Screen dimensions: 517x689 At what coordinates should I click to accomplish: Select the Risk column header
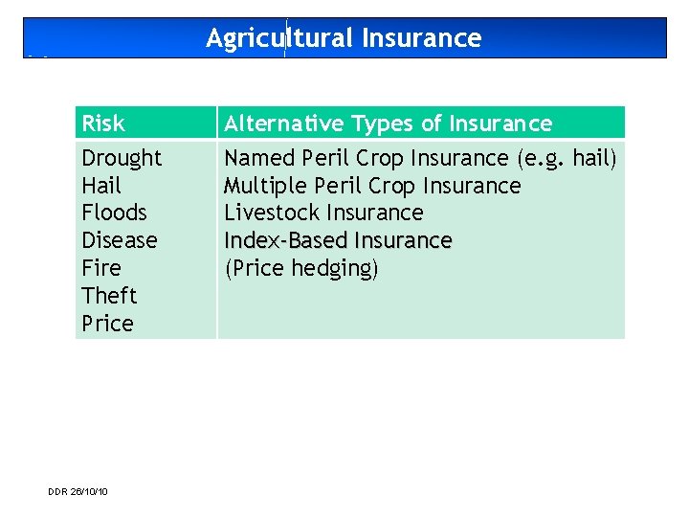click(103, 124)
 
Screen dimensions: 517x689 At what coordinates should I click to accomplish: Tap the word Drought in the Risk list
click(122, 158)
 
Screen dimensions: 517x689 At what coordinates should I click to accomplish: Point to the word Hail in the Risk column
click(101, 186)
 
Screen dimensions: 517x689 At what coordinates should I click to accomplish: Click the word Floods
click(114, 213)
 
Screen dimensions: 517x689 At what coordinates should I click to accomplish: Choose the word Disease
click(120, 240)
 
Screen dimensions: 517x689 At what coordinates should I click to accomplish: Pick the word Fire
click(100, 268)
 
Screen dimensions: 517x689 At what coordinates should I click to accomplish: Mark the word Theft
click(109, 296)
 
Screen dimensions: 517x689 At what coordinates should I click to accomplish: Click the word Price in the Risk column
click(107, 324)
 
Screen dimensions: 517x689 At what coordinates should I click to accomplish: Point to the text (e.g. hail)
click(567, 158)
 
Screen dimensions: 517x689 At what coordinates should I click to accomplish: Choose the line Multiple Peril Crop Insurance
click(372, 186)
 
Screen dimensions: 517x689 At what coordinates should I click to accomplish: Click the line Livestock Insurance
click(323, 213)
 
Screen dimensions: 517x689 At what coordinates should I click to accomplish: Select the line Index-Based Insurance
click(338, 240)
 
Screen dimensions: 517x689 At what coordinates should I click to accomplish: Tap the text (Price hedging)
click(301, 268)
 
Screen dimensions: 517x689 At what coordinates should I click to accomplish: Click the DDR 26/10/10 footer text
click(78, 491)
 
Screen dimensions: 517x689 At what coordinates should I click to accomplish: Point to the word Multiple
click(261, 186)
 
